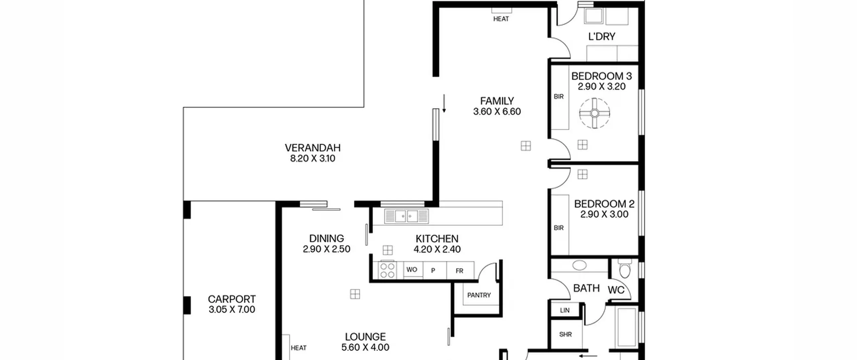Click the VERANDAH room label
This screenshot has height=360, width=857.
click(313, 148)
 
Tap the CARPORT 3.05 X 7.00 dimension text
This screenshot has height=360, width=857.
click(232, 309)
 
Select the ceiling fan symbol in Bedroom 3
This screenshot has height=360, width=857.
click(595, 113)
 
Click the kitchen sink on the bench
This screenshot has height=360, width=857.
click(406, 216)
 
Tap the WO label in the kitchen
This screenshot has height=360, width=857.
click(412, 270)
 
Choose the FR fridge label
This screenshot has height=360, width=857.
click(459, 271)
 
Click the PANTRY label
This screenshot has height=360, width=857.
click(479, 295)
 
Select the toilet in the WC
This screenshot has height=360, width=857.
click(625, 269)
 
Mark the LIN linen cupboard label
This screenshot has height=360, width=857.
click(565, 310)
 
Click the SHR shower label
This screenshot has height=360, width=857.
click(565, 334)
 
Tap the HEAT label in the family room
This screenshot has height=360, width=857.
click(501, 19)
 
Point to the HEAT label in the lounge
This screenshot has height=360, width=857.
click(299, 348)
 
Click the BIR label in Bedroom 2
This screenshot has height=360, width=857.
click(559, 228)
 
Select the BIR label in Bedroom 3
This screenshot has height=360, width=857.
click(559, 96)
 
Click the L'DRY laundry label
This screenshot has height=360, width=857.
click(602, 37)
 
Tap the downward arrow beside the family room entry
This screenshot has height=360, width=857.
click(444, 103)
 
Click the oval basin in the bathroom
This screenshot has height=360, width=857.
click(579, 265)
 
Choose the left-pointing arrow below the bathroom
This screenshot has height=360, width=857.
click(588, 356)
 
